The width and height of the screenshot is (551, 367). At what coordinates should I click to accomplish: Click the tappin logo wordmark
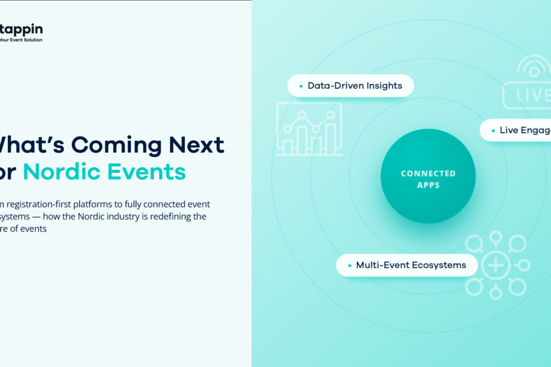click(x=21, y=30)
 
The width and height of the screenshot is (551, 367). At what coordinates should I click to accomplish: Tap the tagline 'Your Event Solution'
click(x=21, y=40)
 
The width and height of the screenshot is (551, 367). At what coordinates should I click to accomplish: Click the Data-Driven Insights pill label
click(x=354, y=86)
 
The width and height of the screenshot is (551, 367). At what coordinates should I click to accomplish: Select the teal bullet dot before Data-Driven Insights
click(x=302, y=86)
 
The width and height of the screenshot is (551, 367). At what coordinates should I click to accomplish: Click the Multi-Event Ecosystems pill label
click(x=411, y=265)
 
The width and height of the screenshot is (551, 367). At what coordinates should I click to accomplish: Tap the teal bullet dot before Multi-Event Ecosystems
click(x=350, y=266)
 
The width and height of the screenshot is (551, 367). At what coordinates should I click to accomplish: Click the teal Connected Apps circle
click(x=428, y=176)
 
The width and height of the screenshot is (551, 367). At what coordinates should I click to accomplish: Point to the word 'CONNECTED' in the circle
click(x=428, y=173)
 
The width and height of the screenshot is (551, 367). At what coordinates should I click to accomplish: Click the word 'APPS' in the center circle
click(x=428, y=185)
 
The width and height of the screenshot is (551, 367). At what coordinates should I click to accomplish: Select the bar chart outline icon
click(x=309, y=129)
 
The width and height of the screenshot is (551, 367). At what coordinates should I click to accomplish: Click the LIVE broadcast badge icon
click(x=527, y=95)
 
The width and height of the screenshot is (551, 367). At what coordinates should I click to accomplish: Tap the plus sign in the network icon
click(x=496, y=265)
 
